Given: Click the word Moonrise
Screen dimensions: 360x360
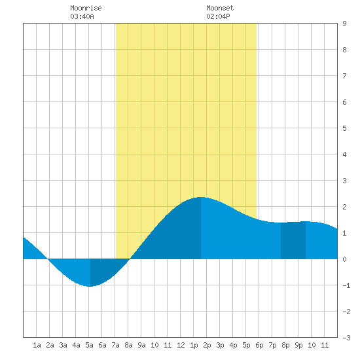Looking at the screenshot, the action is tap(86, 8).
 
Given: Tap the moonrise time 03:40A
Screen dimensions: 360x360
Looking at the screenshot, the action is tap(82, 16).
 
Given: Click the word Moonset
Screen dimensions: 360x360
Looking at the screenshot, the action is tap(220, 8).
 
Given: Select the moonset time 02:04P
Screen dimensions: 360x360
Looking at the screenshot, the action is tap(218, 16).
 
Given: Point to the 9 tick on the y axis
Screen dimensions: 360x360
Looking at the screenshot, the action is tap(344, 24).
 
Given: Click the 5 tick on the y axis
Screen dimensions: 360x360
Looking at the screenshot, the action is tap(344, 128).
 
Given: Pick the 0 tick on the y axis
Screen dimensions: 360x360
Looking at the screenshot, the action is tap(344, 259).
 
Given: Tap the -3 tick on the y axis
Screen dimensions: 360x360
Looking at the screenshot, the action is tap(346, 338).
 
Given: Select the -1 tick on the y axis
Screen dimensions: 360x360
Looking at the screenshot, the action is tap(346, 285).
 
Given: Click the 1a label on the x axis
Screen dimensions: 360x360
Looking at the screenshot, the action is tap(37, 345).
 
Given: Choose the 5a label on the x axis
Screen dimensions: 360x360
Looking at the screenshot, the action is tap(89, 345).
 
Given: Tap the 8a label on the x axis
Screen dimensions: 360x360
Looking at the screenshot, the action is tap(128, 345).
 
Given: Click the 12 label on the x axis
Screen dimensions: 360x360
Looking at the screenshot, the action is tap(181, 345).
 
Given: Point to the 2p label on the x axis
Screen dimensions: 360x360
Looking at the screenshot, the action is tap(207, 345).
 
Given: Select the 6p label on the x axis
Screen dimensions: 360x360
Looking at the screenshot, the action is tap(259, 345).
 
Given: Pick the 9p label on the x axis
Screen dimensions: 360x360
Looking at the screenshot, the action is tap(298, 345).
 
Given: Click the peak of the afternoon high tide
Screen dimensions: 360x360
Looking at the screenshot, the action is tap(201, 197).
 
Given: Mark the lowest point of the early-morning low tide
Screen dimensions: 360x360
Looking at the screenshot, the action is tap(90, 286).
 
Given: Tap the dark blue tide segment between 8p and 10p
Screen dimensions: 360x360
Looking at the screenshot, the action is tap(293, 240).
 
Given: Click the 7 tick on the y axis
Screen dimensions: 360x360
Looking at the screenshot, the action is tap(344, 76).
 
